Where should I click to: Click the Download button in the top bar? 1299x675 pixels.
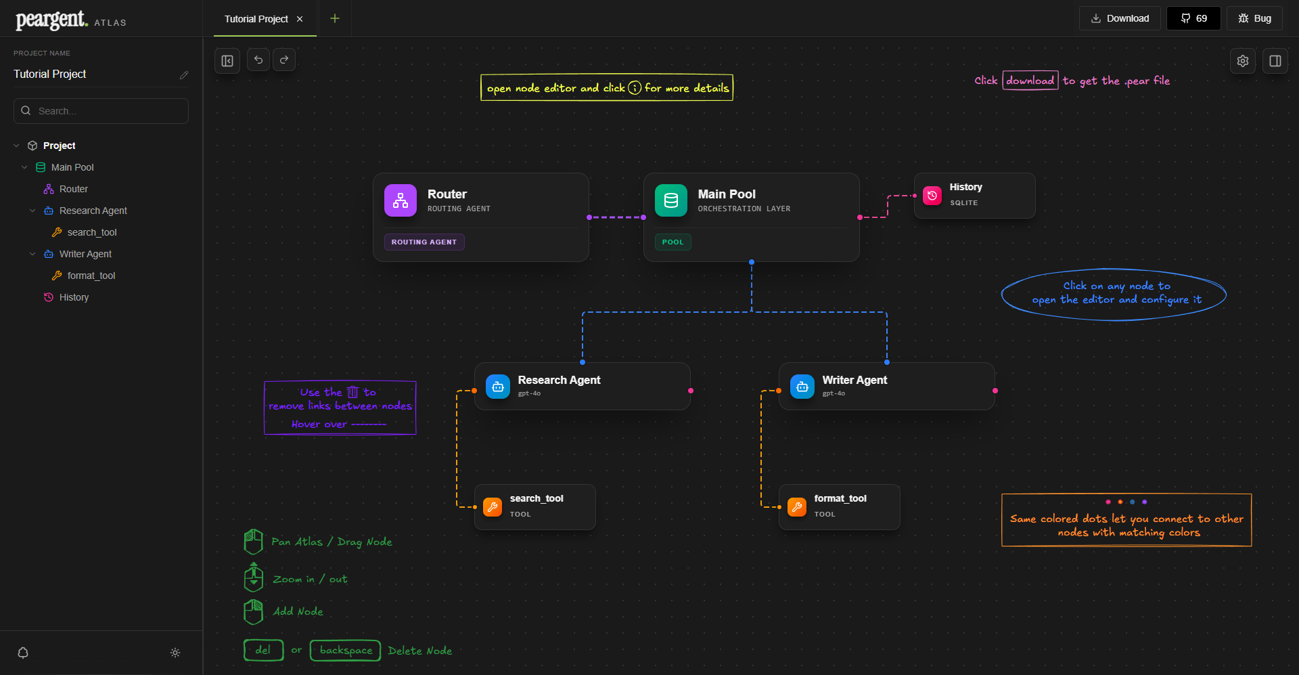[x=1120, y=18]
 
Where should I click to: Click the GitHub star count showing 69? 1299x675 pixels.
[x=1193, y=18]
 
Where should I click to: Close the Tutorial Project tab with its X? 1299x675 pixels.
[x=300, y=19]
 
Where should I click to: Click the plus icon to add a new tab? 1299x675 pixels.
[x=335, y=18]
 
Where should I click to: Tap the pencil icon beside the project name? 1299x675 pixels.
[x=183, y=75]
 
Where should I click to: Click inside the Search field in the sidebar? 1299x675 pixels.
[x=101, y=111]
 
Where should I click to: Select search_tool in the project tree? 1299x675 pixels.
[x=92, y=232]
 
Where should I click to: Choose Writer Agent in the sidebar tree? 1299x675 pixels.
[x=85, y=254]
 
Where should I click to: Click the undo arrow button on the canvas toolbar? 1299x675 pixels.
[x=258, y=60]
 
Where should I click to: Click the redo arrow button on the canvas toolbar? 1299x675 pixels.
[x=284, y=60]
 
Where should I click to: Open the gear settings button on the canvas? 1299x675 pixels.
[x=1243, y=61]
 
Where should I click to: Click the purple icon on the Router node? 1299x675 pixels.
[x=401, y=200]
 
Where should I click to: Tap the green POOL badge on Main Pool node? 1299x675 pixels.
[x=673, y=242]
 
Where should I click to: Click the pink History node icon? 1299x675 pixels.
[x=932, y=195]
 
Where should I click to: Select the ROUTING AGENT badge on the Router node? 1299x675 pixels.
[x=424, y=242]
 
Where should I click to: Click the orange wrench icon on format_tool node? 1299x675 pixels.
[x=797, y=506]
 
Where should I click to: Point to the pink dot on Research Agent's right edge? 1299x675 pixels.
[x=691, y=391]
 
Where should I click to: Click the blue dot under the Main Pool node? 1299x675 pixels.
[x=752, y=262]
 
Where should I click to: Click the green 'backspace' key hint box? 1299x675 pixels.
[x=346, y=650]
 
